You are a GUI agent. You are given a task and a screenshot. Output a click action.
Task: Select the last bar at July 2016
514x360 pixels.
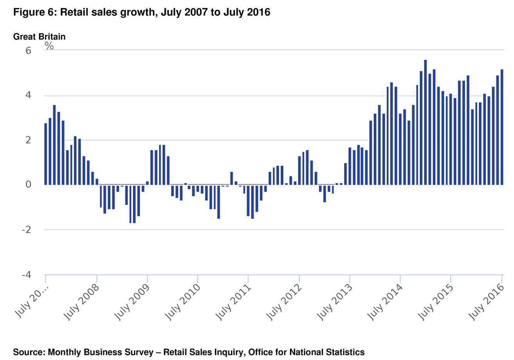tap(502, 127)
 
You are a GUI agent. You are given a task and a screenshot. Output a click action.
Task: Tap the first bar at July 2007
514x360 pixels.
tap(46, 154)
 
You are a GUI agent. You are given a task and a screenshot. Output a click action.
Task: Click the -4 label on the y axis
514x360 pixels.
tap(27, 275)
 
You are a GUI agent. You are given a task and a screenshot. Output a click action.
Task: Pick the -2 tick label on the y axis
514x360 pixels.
tap(27, 230)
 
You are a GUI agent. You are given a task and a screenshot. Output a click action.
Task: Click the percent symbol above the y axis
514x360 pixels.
tap(49, 45)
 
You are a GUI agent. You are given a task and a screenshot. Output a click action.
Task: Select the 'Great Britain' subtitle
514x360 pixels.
tap(39, 37)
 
